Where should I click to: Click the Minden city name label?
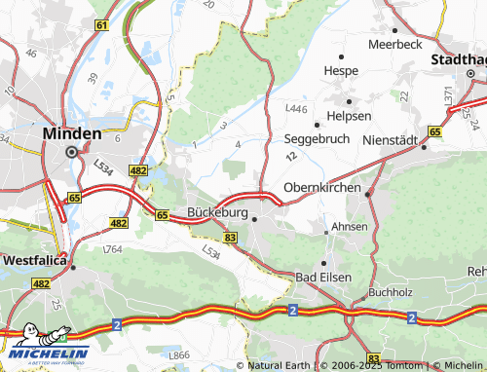coord(71,132)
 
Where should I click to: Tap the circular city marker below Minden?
coord(71,152)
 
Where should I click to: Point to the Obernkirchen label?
coord(321,187)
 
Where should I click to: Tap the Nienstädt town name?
coord(389,140)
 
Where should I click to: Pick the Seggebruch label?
coord(317,139)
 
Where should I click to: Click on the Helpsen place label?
coord(350,116)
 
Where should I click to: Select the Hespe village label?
coord(341,71)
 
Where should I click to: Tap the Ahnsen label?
coord(350,227)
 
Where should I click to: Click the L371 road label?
coord(449,96)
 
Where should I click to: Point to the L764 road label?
coord(113,250)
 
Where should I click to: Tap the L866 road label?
coord(178,355)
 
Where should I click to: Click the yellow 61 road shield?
coord(101,24)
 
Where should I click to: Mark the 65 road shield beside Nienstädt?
coord(434,130)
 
